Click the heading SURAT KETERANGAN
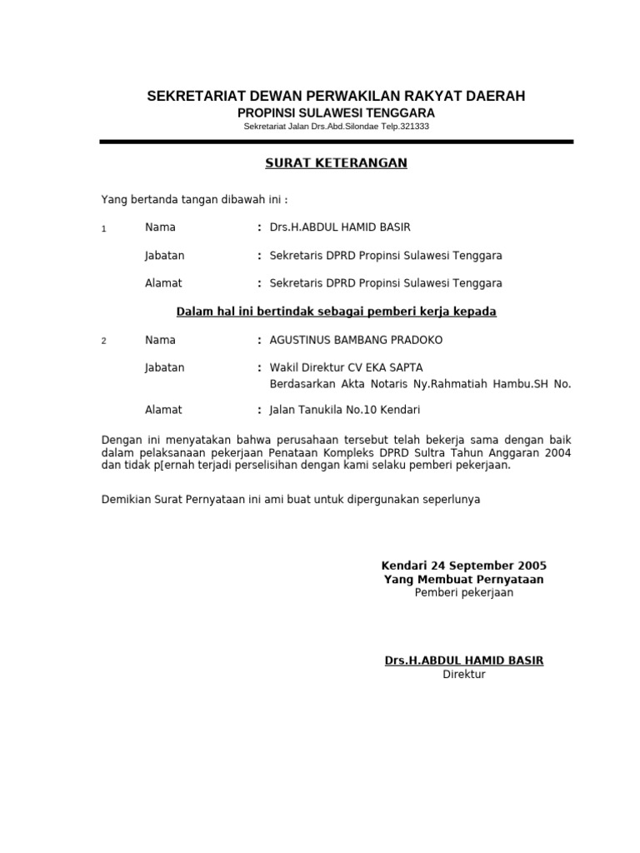click(336, 163)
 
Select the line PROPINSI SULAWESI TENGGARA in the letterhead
click(336, 112)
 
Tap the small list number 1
click(103, 229)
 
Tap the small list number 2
click(103, 342)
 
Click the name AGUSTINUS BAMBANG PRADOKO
click(357, 340)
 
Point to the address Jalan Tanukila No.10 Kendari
click(345, 410)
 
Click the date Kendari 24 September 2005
click(464, 565)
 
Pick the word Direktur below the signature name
click(464, 674)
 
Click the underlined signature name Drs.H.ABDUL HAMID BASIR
click(464, 661)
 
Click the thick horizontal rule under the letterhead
click(336, 142)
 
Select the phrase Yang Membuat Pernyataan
click(464, 579)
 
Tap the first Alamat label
click(163, 283)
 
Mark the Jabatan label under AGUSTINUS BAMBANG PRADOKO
click(165, 367)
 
